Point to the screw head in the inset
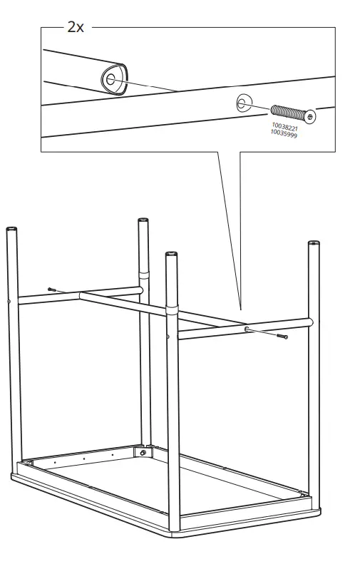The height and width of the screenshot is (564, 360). [312, 116]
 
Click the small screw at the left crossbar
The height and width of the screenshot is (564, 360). [53, 289]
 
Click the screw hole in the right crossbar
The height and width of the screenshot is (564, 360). [247, 329]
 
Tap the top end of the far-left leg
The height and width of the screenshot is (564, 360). [12, 229]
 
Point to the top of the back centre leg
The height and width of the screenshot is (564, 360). [143, 220]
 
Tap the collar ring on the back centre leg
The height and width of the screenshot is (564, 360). [144, 275]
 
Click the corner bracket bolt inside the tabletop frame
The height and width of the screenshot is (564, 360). [143, 452]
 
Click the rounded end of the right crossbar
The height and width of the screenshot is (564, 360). [309, 322]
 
